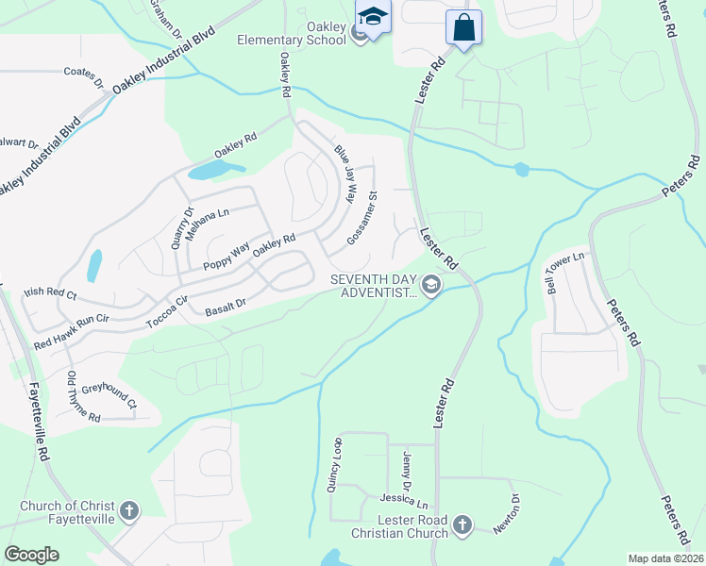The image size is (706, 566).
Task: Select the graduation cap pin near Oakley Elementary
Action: (373, 17)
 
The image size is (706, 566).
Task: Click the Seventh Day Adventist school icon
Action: (431, 285)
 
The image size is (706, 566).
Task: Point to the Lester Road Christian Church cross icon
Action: (462, 524)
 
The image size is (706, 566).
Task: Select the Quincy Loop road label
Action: (333, 464)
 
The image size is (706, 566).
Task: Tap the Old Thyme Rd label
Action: (76, 396)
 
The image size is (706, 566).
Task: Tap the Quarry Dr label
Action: (181, 227)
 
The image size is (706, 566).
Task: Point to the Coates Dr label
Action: (83, 76)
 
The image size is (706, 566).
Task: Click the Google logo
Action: (31, 555)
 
